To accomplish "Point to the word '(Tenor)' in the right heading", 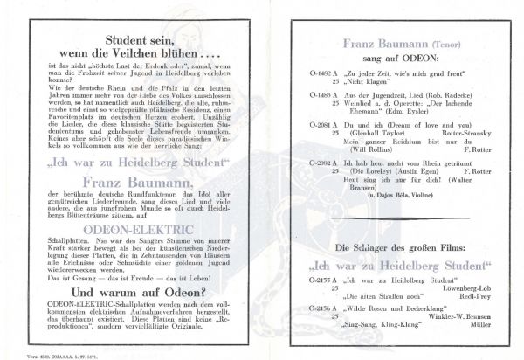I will click(x=445, y=43).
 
